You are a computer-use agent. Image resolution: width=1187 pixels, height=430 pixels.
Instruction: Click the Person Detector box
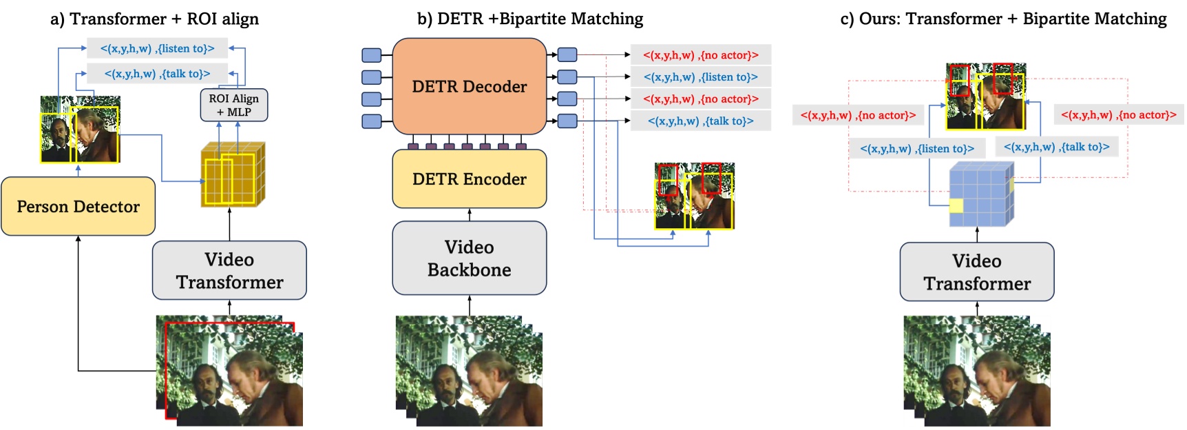point(78,206)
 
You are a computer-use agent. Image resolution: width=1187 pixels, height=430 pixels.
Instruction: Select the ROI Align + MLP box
point(233,105)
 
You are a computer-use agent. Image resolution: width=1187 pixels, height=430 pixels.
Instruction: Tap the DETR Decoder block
point(469,86)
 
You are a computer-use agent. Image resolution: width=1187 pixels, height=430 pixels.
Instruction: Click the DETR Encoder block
point(469,178)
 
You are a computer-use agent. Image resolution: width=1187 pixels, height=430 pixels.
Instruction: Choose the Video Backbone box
point(469,258)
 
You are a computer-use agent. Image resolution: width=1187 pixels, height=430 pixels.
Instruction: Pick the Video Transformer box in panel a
point(229,270)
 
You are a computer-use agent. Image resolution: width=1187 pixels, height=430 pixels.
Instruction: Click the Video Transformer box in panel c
point(976,272)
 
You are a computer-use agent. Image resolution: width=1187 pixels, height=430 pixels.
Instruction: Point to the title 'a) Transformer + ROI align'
point(154,19)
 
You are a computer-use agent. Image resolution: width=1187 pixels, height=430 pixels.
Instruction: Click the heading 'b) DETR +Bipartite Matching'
point(529,19)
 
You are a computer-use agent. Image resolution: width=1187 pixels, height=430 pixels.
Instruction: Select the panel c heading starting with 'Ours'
point(1003,19)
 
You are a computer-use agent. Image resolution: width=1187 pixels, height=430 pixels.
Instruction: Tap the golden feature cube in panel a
point(232,174)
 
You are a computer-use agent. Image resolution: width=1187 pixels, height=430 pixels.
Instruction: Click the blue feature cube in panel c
point(980,195)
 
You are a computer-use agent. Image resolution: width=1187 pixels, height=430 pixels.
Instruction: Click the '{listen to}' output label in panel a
point(157,48)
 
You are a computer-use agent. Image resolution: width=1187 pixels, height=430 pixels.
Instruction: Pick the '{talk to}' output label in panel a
point(157,73)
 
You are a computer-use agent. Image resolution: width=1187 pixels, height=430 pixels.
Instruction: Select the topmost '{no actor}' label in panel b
point(700,55)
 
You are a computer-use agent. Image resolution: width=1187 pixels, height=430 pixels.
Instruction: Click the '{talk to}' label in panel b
point(700,121)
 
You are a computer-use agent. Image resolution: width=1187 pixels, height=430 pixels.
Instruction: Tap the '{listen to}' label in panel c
point(916,148)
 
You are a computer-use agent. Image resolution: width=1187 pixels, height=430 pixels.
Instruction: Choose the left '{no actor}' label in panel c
point(857,115)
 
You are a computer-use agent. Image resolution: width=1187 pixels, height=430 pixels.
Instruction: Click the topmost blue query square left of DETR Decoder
point(371,55)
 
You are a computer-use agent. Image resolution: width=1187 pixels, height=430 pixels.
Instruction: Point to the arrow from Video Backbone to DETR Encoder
point(470,214)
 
